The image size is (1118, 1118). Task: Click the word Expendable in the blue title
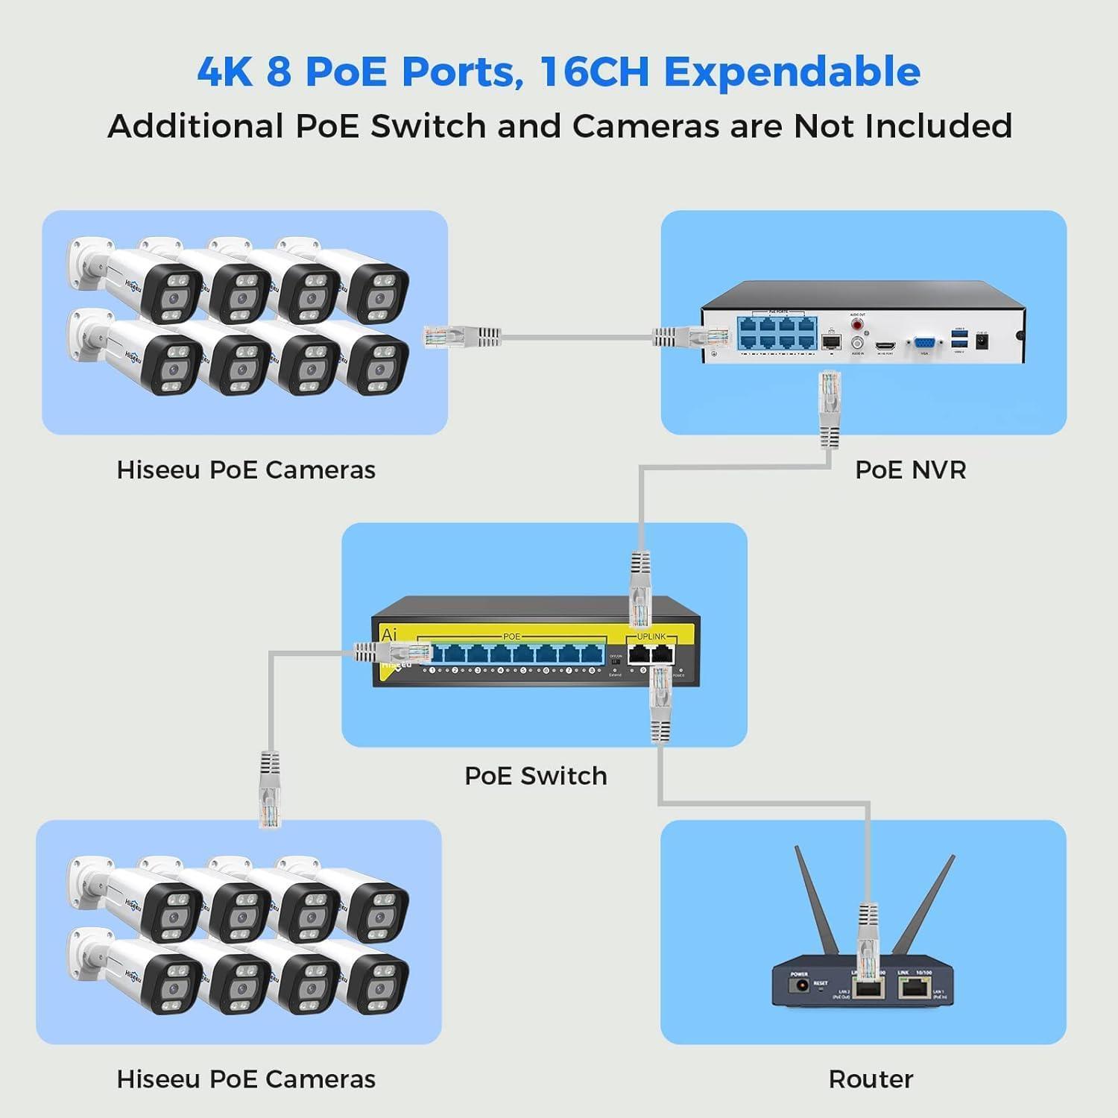(792, 72)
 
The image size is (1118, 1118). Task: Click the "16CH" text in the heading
(595, 72)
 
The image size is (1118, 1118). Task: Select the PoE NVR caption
(910, 470)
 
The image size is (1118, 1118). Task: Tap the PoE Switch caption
(535, 776)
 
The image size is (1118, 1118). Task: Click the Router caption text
(871, 1079)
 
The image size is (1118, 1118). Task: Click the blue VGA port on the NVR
(923, 344)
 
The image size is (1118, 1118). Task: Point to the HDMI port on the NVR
(885, 345)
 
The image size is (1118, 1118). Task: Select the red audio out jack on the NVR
(857, 325)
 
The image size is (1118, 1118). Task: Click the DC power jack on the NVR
(982, 342)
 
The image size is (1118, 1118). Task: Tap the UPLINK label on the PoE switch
(651, 637)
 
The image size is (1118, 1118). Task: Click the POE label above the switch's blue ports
(511, 637)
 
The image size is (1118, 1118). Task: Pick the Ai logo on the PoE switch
(389, 635)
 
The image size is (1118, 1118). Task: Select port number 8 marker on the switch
(592, 671)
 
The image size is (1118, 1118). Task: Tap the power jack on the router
(801, 987)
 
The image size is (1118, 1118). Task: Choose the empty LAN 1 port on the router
(912, 988)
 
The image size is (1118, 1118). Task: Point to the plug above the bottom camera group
(270, 790)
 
